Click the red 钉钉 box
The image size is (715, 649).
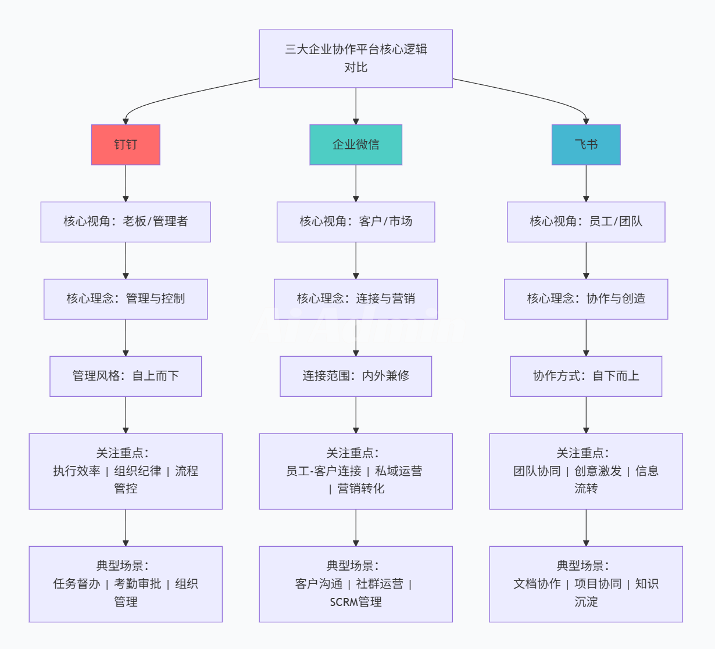(x=126, y=145)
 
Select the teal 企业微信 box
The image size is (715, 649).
(x=356, y=145)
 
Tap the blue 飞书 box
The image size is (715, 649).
(x=586, y=145)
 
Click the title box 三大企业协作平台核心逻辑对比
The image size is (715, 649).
(x=356, y=59)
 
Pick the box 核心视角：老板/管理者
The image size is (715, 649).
(x=126, y=221)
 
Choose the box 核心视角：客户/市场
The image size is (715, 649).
(x=356, y=221)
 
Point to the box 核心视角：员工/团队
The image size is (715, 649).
(x=586, y=221)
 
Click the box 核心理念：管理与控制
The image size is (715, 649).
(x=126, y=299)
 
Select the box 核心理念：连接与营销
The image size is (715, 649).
(x=356, y=299)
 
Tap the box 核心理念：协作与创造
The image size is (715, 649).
(x=586, y=299)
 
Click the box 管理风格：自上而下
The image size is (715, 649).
(x=126, y=376)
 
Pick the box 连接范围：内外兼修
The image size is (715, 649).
(x=356, y=376)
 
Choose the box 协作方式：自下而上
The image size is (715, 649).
(x=586, y=376)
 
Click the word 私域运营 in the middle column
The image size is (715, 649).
(x=399, y=471)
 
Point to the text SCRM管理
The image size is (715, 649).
(x=356, y=602)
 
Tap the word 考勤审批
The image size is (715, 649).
(x=138, y=584)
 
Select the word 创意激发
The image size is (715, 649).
(x=598, y=471)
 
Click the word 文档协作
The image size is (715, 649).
(x=537, y=584)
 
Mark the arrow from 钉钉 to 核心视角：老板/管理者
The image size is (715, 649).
(x=126, y=184)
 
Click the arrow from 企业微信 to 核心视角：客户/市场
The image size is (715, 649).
(x=356, y=184)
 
